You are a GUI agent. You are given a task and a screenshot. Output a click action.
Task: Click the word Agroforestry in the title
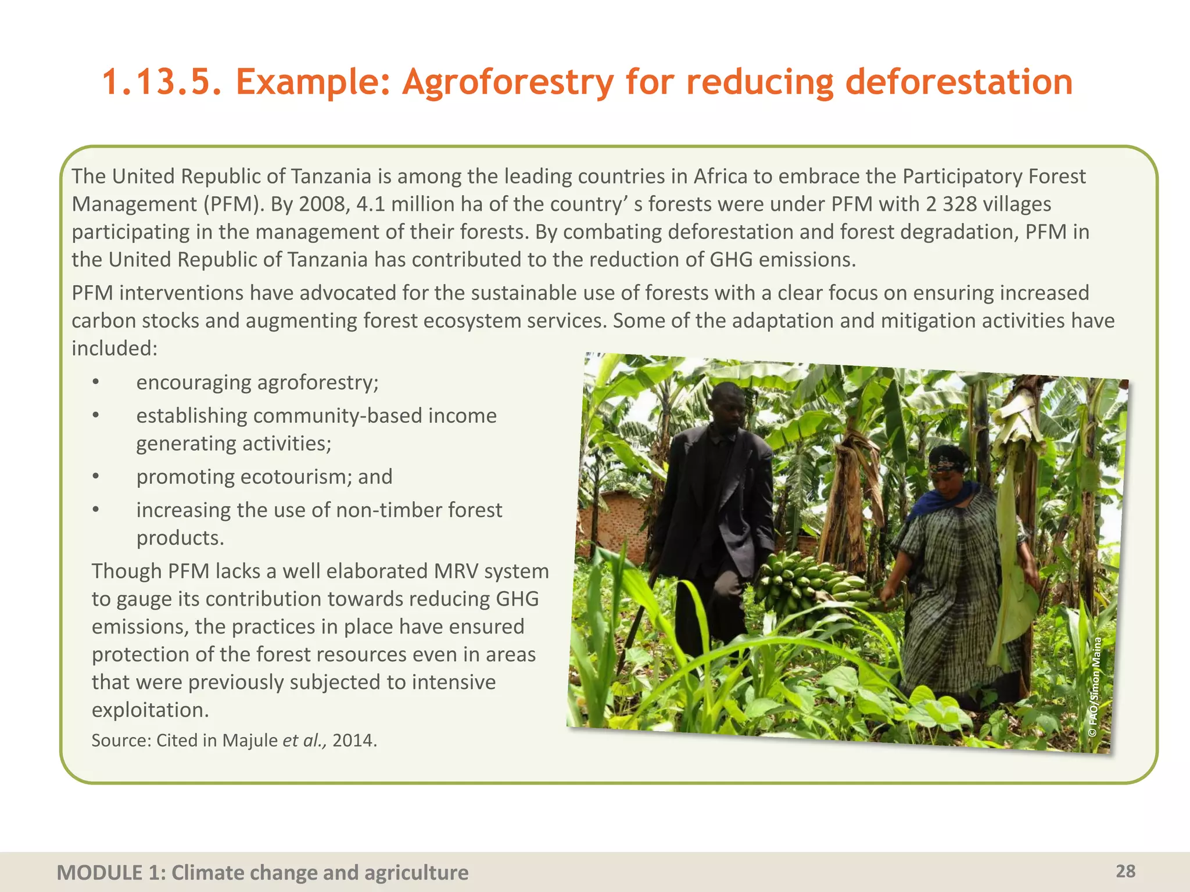coord(508,82)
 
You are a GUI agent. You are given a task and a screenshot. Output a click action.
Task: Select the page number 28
coord(1126,871)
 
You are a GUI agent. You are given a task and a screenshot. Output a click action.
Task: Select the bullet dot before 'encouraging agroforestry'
coord(96,383)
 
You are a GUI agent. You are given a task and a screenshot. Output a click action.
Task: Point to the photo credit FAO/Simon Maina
coord(1095,688)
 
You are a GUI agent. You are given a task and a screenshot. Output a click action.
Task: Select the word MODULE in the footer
coord(99,873)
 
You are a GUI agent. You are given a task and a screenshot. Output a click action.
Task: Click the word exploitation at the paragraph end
coord(149,710)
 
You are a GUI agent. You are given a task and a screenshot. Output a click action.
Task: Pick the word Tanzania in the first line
coord(331,177)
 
